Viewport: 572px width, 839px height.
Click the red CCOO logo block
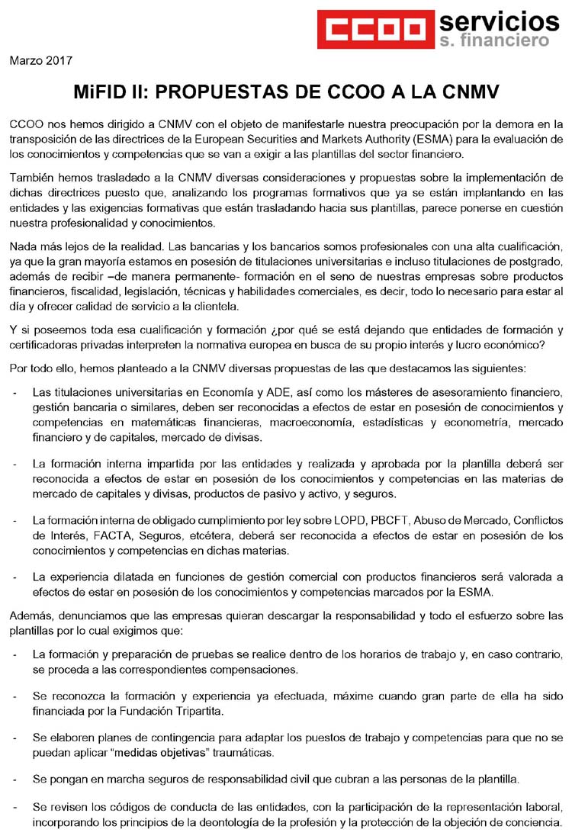(374, 28)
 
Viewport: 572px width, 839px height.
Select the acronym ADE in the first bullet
(273, 393)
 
